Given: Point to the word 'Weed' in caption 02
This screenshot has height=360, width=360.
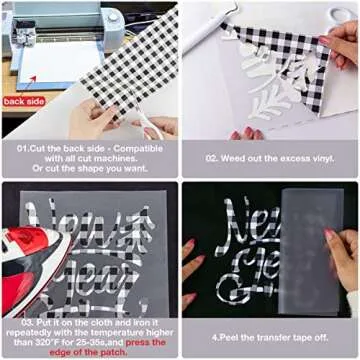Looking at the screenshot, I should point(241,158).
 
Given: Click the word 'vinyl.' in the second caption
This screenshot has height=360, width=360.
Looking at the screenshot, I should point(318,158).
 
